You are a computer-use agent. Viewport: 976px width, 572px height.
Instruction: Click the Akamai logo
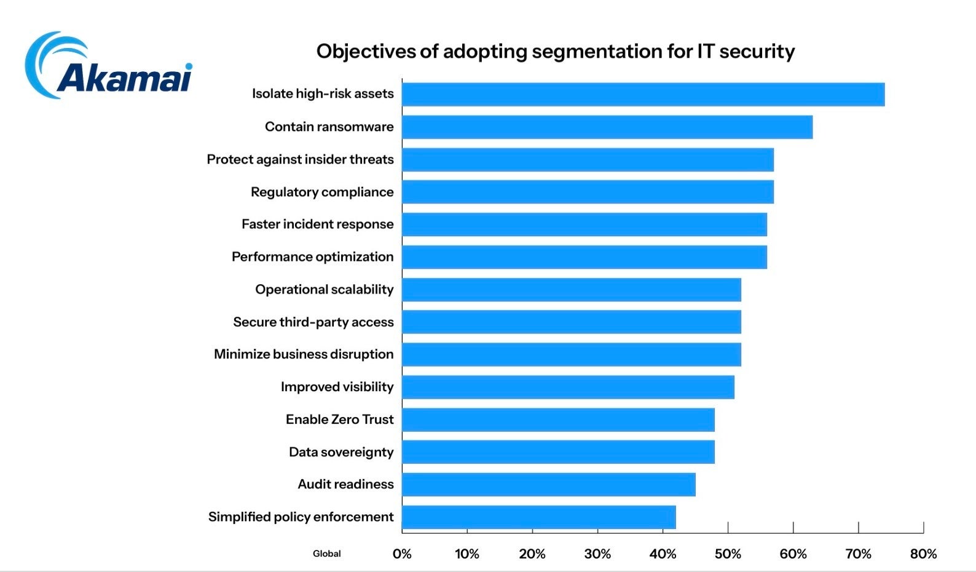(x=109, y=66)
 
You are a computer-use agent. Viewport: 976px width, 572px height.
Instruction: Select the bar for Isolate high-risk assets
(x=643, y=95)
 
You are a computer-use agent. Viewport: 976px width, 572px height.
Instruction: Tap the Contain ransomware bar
(x=607, y=127)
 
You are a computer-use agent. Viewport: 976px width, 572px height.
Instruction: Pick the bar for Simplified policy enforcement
(x=539, y=517)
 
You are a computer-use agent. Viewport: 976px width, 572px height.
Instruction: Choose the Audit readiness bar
(x=549, y=485)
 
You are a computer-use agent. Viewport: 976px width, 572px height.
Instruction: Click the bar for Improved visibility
(x=568, y=387)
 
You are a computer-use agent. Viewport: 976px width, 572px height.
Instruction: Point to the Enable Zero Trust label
(x=339, y=419)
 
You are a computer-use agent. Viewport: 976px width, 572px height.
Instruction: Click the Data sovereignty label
(x=341, y=452)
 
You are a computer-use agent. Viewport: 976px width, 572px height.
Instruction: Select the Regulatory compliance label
(x=322, y=192)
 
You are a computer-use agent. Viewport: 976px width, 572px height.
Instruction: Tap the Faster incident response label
(x=317, y=224)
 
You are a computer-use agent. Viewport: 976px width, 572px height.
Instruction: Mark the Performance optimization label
(x=312, y=257)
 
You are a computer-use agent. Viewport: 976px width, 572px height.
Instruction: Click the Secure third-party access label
(x=313, y=322)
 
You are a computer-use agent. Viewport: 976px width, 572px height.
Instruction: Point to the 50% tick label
(x=728, y=554)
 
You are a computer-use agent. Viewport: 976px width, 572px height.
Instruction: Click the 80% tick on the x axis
(x=923, y=554)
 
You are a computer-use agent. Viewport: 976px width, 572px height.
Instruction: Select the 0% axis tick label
(x=402, y=554)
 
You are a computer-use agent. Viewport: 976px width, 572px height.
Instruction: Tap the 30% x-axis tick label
(x=597, y=554)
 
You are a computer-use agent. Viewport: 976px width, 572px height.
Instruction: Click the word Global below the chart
(x=326, y=554)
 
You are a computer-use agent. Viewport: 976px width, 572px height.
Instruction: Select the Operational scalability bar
(x=572, y=290)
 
